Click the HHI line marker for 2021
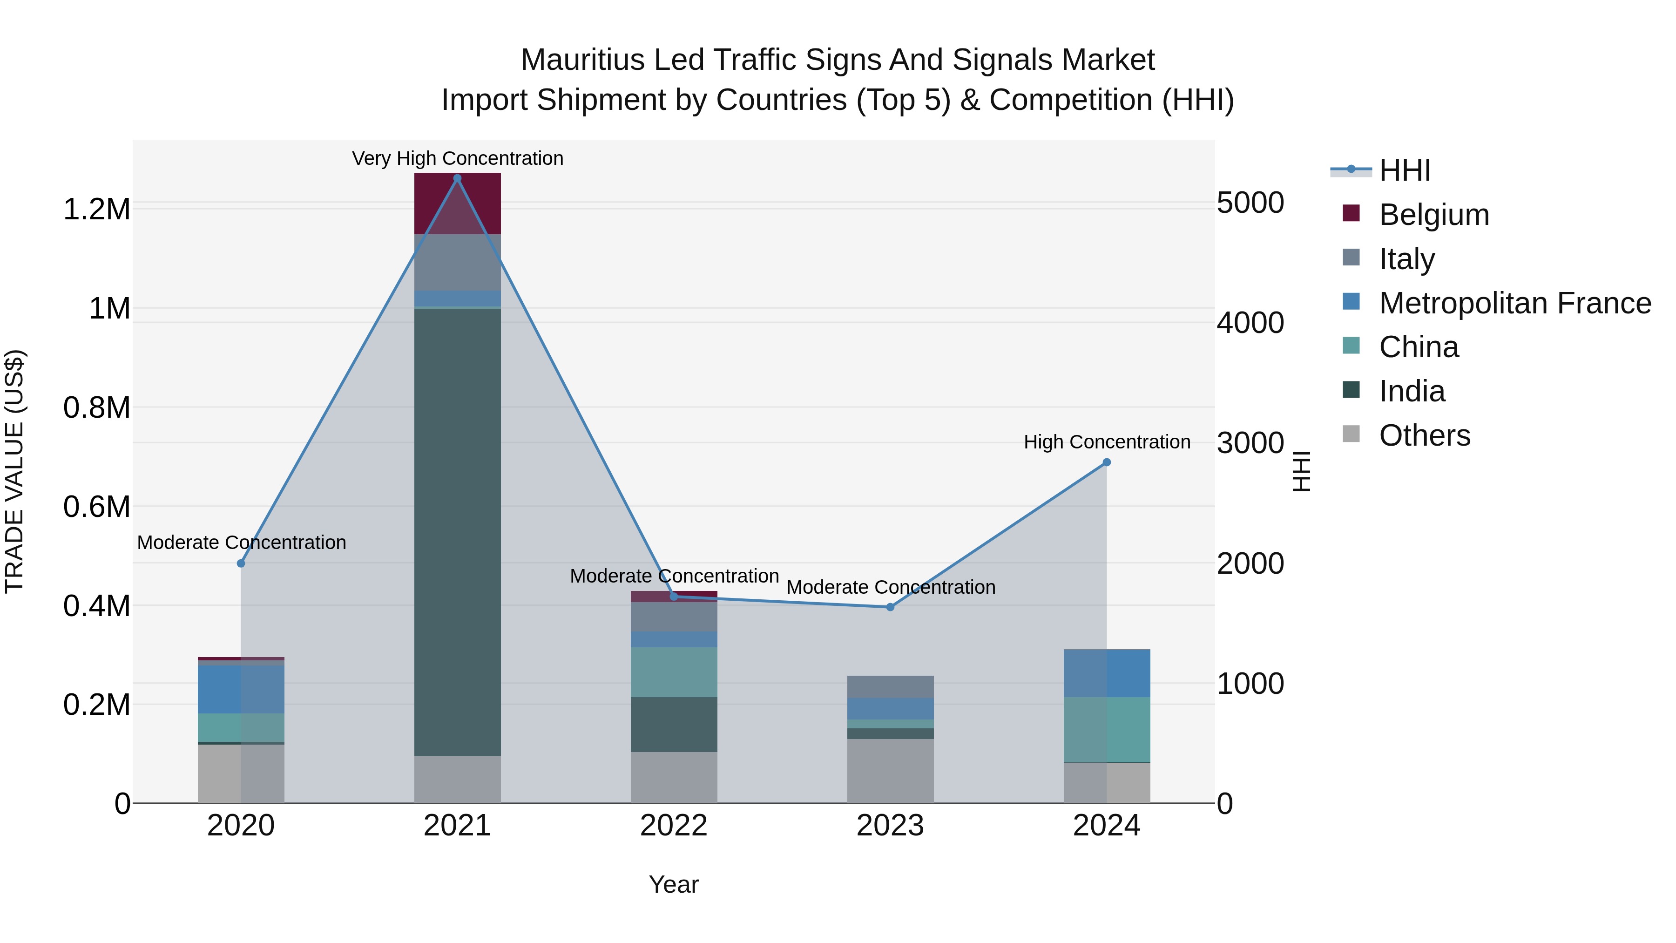457,178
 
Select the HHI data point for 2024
1106,462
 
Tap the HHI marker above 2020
241,563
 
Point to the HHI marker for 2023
890,607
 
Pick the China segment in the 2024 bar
1106,729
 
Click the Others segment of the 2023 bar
890,771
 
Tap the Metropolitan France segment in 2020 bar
241,689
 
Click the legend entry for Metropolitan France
1514,303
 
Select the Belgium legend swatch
1352,213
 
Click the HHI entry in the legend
1404,170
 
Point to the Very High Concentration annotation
457,158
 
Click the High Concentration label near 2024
1106,442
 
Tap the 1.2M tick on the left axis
96,210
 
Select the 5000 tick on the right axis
1250,203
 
